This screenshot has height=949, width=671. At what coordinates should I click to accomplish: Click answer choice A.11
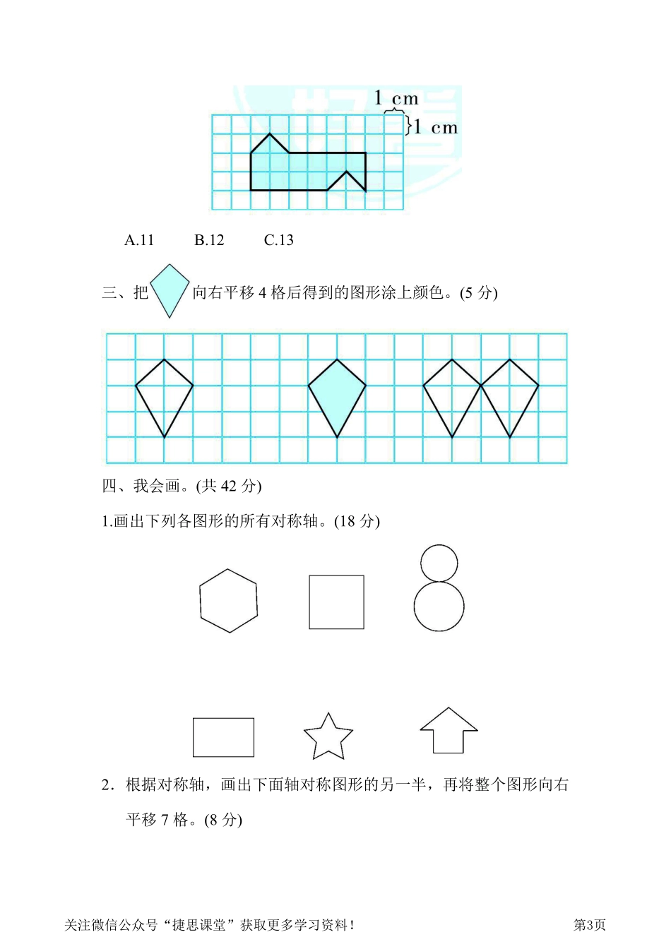coord(139,240)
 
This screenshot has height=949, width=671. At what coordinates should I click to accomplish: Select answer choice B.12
coord(209,240)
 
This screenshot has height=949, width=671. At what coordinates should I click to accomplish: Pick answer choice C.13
coord(278,240)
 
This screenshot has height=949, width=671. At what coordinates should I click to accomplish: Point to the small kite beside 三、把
coord(170,290)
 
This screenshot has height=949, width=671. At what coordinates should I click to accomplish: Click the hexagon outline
coord(228,601)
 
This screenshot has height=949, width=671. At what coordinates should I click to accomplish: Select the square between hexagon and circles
coord(336,602)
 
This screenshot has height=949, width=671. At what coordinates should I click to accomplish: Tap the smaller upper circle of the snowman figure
coord(439,563)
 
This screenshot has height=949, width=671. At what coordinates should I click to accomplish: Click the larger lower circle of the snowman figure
coord(439,607)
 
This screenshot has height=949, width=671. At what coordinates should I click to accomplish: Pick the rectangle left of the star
coord(223,737)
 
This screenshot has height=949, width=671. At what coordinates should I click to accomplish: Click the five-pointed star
coord(328,737)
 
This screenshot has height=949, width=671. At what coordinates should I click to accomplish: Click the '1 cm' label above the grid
coord(396,98)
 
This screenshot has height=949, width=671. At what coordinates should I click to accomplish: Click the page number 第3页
coord(589,925)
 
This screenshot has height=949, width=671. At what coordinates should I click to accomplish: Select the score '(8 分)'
coord(222,820)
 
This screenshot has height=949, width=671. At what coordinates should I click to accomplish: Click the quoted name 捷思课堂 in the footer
coord(203,925)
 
